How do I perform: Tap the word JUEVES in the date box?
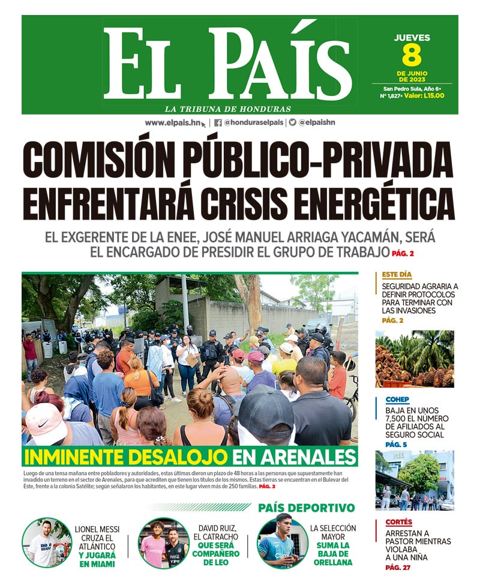click(x=412, y=38)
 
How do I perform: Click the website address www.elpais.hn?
click(x=173, y=122)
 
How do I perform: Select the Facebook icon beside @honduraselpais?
click(x=218, y=122)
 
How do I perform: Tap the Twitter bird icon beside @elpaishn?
click(x=292, y=122)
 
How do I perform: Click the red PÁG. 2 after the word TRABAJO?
click(x=403, y=253)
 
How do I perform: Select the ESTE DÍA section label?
click(x=397, y=275)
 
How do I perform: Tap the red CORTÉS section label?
click(x=398, y=522)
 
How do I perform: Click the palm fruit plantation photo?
click(x=415, y=358)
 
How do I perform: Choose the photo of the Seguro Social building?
click(x=415, y=480)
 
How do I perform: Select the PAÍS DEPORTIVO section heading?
click(x=307, y=508)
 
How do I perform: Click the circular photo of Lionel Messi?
click(x=47, y=543)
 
